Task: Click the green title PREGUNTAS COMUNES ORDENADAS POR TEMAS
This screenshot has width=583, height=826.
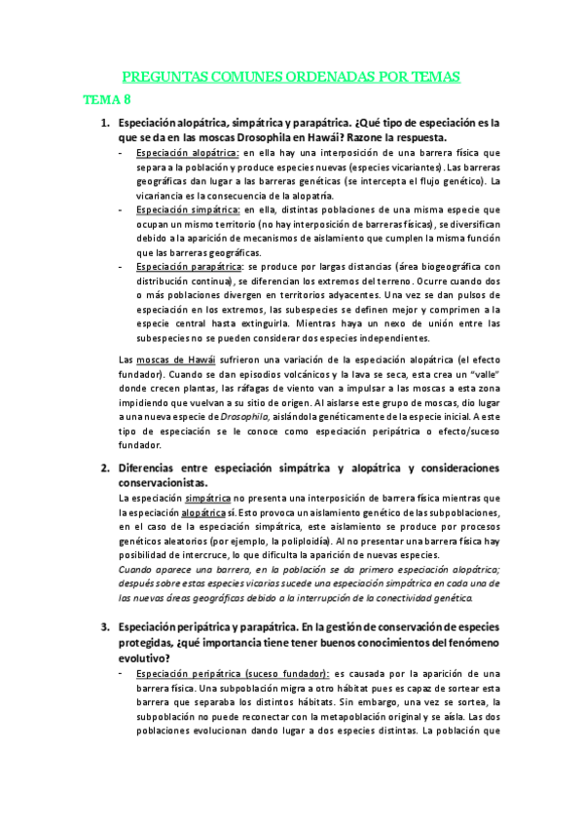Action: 291,77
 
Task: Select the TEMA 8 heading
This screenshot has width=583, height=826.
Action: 107,100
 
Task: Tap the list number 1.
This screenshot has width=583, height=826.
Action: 106,124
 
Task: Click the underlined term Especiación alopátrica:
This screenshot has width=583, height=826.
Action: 187,153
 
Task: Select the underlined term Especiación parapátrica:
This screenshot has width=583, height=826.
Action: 190,266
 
